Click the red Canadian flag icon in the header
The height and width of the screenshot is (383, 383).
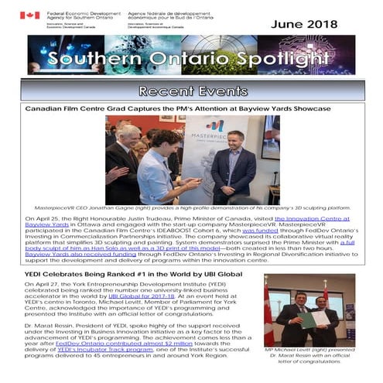(29, 15)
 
